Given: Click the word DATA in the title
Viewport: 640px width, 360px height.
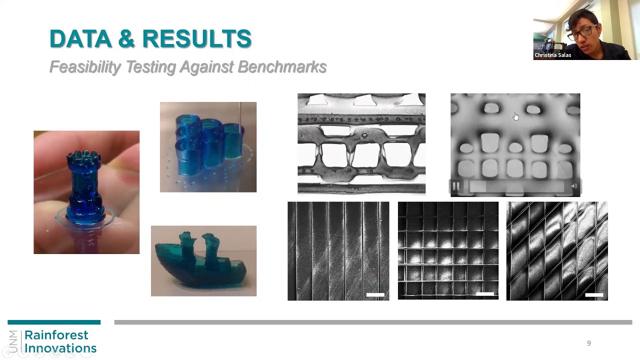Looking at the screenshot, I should (80, 39).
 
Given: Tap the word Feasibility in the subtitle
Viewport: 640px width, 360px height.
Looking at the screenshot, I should (85, 67).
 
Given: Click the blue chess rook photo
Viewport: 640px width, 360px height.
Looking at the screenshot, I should (86, 192).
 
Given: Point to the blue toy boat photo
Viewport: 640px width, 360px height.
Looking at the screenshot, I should (203, 261).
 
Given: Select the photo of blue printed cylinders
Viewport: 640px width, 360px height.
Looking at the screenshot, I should (208, 147).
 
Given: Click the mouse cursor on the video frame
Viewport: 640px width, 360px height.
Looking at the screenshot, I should (515, 116).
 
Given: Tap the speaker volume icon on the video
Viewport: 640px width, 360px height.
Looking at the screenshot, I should (574, 186).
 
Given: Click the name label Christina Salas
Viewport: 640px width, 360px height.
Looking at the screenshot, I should (552, 55).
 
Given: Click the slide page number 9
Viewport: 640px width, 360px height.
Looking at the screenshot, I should (589, 343).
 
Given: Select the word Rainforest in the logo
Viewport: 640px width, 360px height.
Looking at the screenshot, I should (56, 335).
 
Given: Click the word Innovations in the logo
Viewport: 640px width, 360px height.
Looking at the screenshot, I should (60, 348).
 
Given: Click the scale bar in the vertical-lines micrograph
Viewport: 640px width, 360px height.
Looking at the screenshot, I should (375, 295).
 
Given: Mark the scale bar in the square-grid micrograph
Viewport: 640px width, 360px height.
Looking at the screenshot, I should (484, 294).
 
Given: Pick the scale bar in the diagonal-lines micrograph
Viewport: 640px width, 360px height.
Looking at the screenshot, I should (594, 295).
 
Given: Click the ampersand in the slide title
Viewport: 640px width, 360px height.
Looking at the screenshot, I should (126, 39).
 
